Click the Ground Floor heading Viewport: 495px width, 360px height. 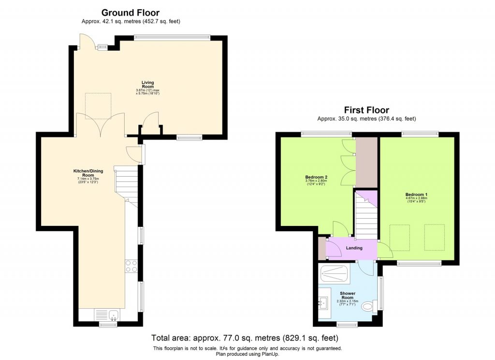pos(130,13)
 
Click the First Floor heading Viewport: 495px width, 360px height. pos(366,110)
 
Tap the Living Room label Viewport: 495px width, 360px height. pos(147,85)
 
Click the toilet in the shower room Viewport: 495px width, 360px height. pos(369,305)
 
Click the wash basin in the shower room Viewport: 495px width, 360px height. pos(324,304)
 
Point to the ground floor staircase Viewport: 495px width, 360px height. pos(126,183)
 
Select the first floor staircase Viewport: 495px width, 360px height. pos(366,216)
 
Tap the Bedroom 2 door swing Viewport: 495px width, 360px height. pos(339,228)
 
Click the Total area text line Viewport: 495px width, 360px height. pos(244,338)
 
